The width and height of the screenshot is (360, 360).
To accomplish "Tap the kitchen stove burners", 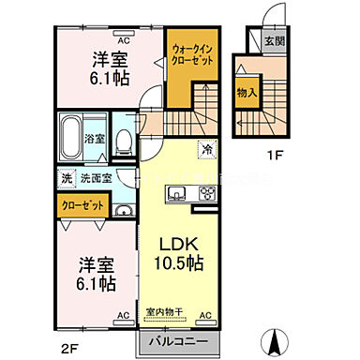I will (x=206, y=195).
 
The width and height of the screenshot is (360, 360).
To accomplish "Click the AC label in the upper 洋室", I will (x=123, y=41).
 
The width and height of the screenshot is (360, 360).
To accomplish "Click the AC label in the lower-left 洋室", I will (x=123, y=316).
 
